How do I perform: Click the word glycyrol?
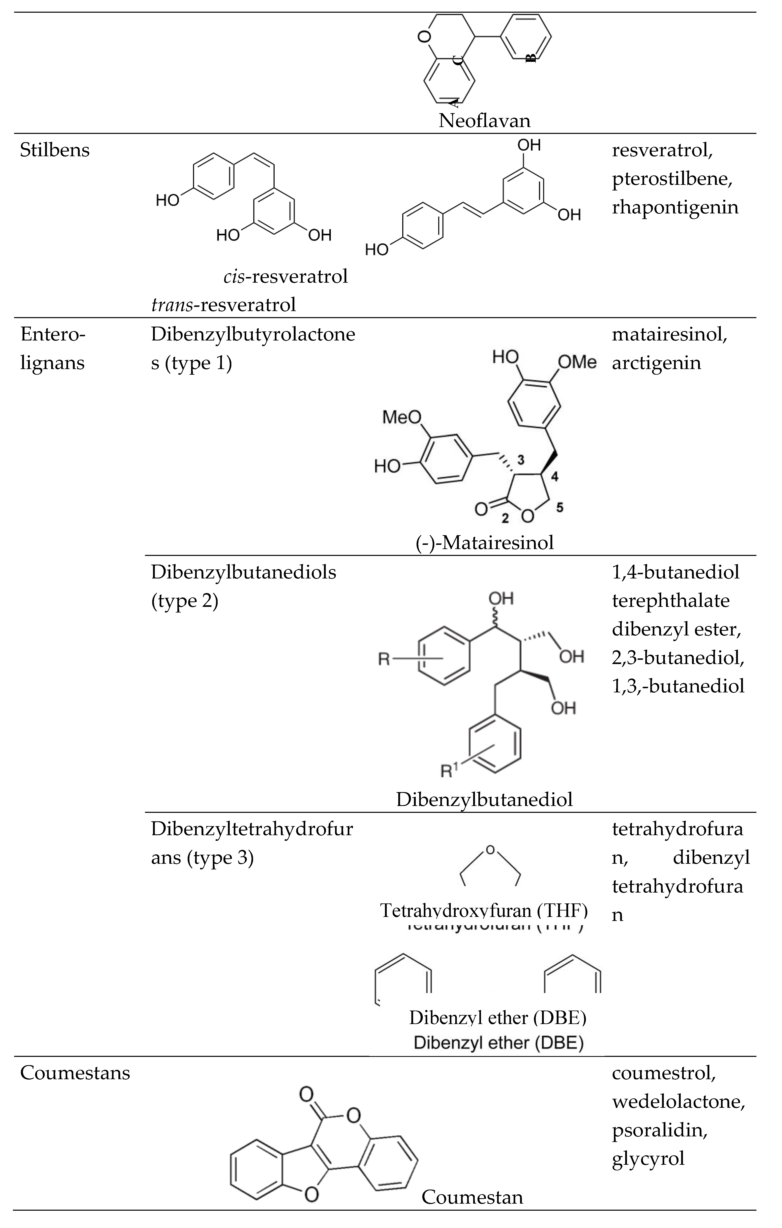648,1158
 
